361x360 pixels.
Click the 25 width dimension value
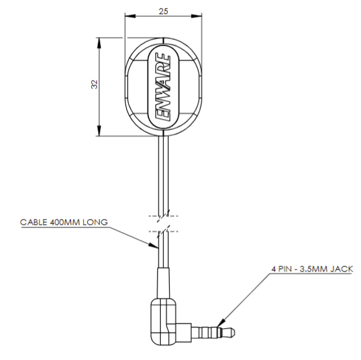[x=163, y=11]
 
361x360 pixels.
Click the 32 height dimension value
[x=94, y=84]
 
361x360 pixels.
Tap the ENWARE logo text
[x=163, y=87]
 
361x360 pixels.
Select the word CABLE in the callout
[x=34, y=222]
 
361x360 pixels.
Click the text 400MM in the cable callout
[x=64, y=222]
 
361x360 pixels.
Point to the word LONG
[x=95, y=222]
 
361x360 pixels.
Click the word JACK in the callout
[x=341, y=269]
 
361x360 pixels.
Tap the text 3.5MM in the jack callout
[x=313, y=269]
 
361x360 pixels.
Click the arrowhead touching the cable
[x=154, y=246]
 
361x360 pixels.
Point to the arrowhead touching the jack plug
[x=221, y=323]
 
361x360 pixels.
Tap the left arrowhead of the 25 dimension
[x=130, y=16]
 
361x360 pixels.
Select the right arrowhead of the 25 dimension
[x=197, y=16]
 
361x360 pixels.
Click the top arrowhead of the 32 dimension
[x=99, y=43]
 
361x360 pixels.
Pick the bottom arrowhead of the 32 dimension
[x=99, y=131]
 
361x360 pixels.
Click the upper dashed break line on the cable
[x=163, y=216]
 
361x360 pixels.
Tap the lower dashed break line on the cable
[x=163, y=231]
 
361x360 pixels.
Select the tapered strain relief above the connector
[x=163, y=283]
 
